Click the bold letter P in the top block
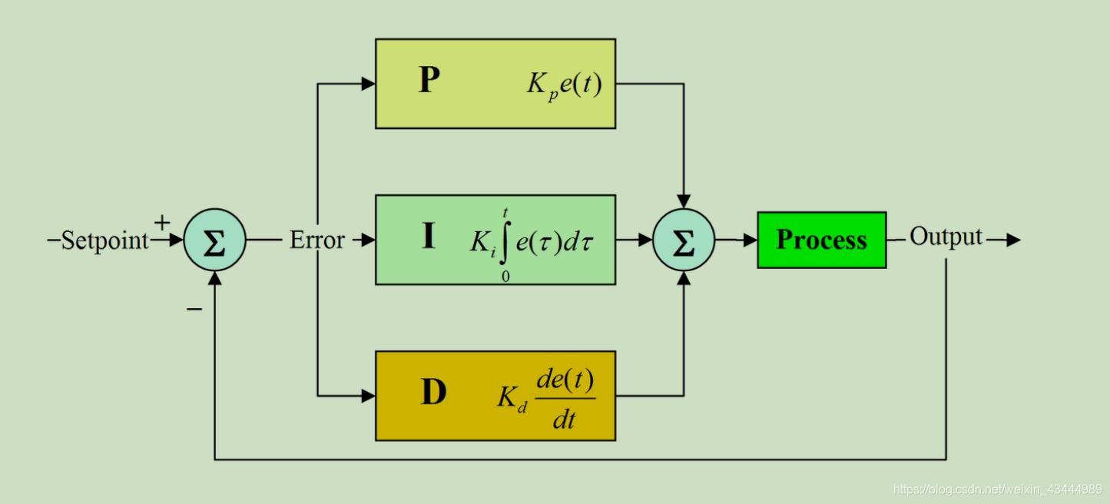click(429, 81)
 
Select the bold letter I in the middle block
click(429, 237)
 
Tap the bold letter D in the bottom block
click(433, 393)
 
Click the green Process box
click(821, 240)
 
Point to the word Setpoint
click(104, 240)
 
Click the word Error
click(316, 240)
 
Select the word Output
click(946, 237)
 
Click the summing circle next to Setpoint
click(214, 240)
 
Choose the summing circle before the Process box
click(683, 240)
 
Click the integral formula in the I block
click(532, 241)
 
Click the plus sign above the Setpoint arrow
click(162, 223)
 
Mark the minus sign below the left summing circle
click(194, 309)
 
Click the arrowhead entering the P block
click(368, 84)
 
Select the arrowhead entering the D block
click(368, 396)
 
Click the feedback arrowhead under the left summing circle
click(214, 278)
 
